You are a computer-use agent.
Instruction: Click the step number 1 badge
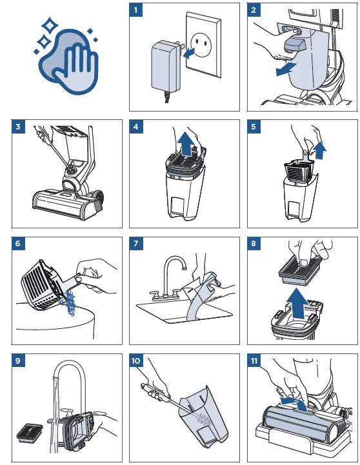click(136, 10)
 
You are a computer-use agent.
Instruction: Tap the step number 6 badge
click(18, 244)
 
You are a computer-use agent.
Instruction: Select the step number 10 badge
click(136, 361)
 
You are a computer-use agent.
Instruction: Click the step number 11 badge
click(254, 361)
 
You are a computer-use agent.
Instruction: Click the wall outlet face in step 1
click(201, 45)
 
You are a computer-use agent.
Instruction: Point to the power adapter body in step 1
click(165, 66)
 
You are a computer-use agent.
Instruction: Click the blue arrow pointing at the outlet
click(188, 53)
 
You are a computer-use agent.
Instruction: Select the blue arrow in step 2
click(286, 69)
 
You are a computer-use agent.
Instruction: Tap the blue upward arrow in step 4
click(186, 144)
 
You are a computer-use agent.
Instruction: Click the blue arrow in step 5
click(320, 150)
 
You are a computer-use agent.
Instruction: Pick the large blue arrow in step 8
click(297, 304)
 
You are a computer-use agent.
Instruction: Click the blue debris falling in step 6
click(69, 302)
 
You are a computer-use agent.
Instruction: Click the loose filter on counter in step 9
click(30, 433)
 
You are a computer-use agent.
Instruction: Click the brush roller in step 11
click(299, 422)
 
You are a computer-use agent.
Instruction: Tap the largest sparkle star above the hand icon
click(50, 25)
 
